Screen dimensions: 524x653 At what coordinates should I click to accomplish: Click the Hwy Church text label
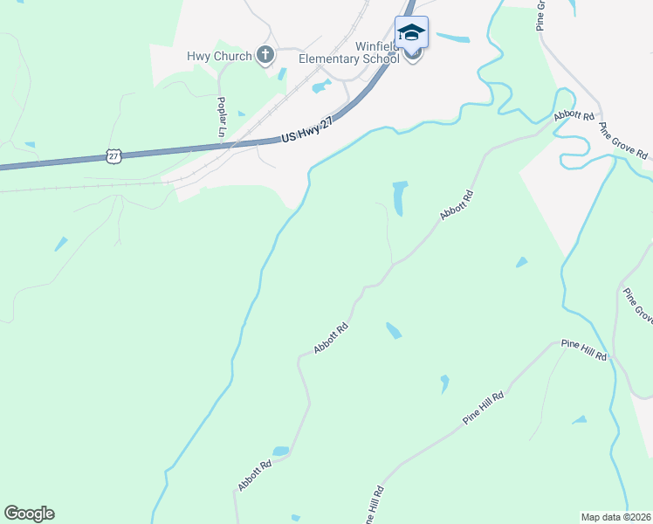click(218, 56)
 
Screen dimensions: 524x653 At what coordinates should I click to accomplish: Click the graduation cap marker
click(411, 34)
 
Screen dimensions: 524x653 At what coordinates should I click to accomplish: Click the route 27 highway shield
click(113, 155)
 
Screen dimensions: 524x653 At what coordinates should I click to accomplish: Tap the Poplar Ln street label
click(222, 115)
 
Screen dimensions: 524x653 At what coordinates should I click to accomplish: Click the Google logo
click(29, 514)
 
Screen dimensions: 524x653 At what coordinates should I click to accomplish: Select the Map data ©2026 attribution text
click(615, 516)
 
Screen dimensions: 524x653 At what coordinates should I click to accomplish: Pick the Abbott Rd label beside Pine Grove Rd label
click(574, 116)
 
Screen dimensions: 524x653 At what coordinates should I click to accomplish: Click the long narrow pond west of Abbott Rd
click(400, 198)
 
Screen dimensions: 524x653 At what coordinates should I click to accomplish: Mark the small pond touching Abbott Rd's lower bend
click(280, 452)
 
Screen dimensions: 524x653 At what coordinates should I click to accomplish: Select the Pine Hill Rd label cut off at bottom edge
click(372, 507)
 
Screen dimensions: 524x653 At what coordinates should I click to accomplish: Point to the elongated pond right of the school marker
click(453, 38)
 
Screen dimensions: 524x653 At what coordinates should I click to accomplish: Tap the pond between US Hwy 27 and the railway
click(320, 86)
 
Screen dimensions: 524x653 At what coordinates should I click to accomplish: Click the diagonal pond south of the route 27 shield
click(60, 244)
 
